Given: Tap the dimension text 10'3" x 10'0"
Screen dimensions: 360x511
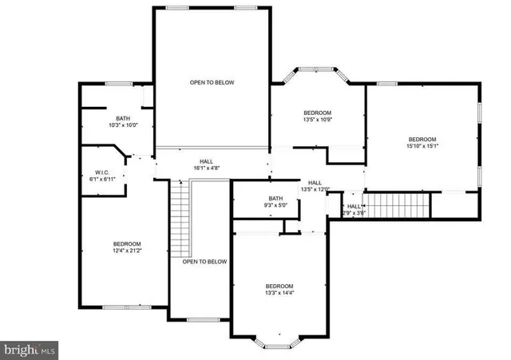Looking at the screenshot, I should click(123, 125).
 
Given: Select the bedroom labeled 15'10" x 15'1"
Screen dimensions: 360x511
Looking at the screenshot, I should click(422, 142).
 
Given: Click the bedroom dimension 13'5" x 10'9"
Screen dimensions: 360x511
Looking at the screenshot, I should click(317, 120).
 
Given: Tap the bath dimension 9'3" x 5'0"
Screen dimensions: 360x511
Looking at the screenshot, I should click(275, 205).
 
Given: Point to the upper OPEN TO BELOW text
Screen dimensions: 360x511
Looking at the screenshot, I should click(212, 82).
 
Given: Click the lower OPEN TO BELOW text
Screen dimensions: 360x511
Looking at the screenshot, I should click(204, 262).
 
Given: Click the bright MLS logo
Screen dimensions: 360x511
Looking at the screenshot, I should click(30, 349).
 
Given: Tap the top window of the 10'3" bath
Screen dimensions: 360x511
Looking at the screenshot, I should click(119, 82).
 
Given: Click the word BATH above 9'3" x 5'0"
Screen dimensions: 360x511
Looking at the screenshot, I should click(275, 199).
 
